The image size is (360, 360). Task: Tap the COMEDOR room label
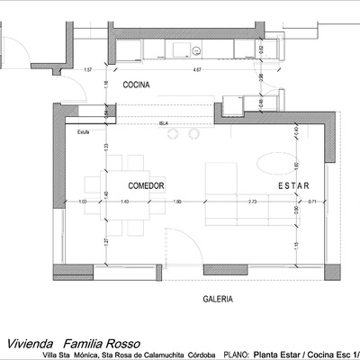145,185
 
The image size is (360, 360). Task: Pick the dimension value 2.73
253,202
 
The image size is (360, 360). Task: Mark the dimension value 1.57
87,68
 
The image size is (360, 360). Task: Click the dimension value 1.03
83,202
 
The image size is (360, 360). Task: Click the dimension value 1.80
177,202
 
